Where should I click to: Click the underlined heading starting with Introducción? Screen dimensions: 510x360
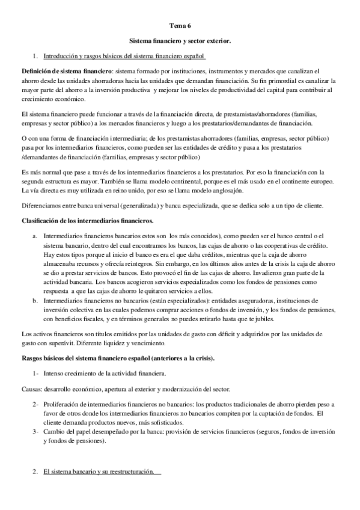click(x=124, y=57)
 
